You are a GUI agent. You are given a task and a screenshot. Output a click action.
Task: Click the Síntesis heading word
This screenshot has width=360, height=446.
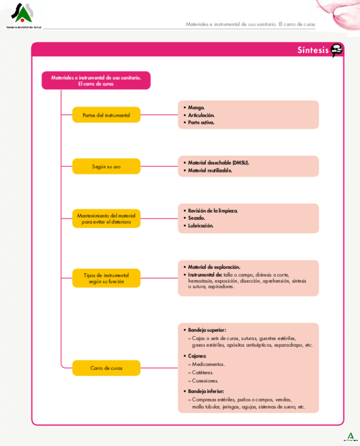[313, 50]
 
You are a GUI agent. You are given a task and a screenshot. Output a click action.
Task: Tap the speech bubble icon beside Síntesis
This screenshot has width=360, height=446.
[337, 50]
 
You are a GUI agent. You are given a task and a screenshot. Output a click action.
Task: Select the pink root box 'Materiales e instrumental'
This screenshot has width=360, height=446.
[96, 80]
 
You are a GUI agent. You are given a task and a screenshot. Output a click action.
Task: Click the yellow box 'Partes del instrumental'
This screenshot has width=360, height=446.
[106, 115]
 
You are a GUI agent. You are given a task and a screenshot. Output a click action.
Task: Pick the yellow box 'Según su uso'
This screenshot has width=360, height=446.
[106, 166]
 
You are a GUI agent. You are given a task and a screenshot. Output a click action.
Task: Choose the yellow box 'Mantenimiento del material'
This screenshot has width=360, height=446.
[106, 219]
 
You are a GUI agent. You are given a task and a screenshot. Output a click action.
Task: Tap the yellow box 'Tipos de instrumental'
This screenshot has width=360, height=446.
[106, 278]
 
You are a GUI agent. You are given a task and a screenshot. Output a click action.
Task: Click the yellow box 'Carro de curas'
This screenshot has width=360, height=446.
[106, 368]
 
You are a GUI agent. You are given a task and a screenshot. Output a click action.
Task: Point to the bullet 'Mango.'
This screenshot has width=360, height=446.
[196, 107]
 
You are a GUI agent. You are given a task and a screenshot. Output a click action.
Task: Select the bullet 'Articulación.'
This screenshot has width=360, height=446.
[201, 115]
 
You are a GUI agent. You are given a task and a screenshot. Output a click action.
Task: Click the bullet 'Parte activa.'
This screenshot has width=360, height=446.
[201, 123]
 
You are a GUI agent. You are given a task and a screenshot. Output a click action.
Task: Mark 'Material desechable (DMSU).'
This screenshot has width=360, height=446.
[218, 163]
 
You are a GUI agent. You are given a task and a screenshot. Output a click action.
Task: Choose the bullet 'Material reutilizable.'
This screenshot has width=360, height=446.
[210, 170]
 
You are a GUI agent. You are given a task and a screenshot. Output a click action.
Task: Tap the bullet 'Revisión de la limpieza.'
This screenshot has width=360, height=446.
[213, 210]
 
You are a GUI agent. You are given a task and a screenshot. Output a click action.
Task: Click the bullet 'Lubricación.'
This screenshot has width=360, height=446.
[201, 226]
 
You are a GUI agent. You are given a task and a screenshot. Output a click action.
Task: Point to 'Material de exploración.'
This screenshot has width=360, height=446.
[214, 267]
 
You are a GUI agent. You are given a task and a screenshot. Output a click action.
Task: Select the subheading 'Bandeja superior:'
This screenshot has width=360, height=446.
[207, 330]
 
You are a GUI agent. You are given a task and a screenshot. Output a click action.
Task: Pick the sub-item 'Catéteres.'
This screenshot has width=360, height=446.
[203, 372]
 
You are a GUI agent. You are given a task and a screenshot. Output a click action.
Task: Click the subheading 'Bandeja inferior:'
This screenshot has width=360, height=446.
[206, 391]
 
